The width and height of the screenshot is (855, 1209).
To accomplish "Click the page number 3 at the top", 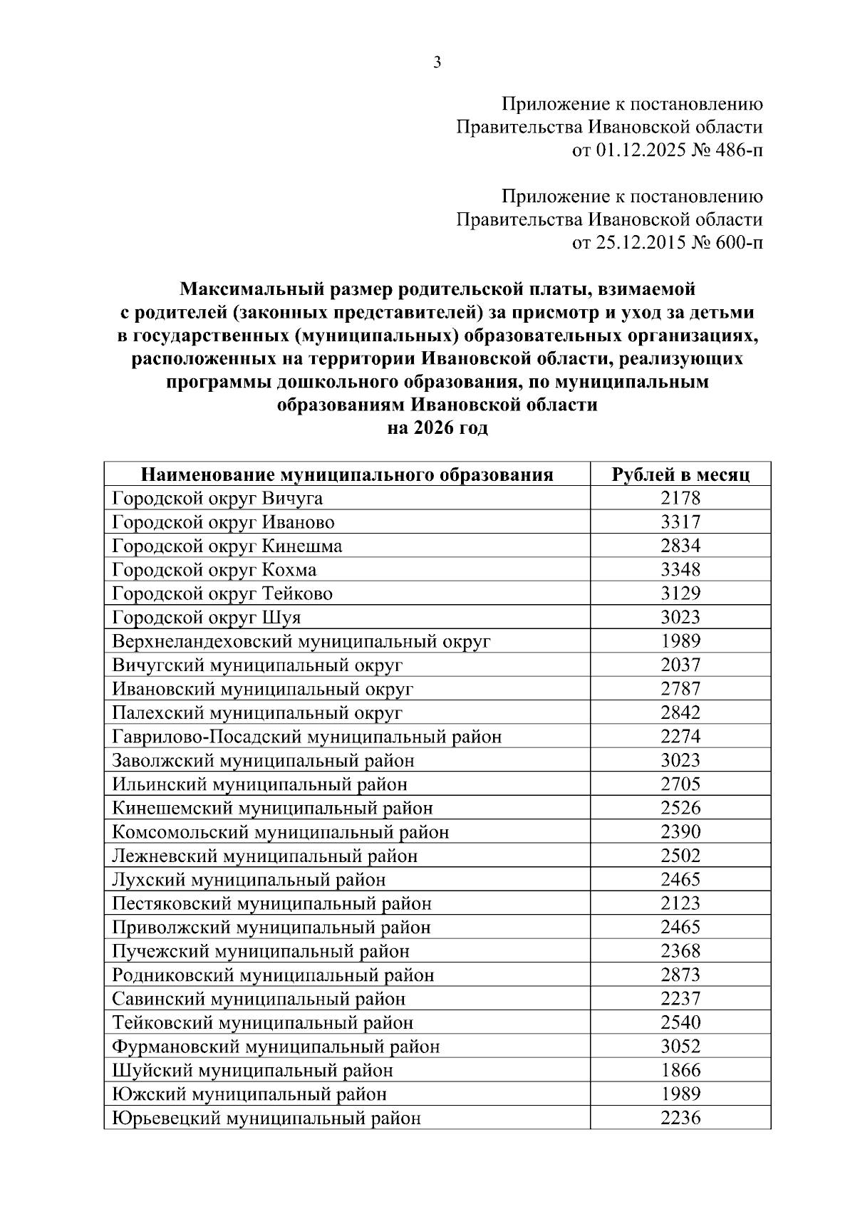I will (437, 63).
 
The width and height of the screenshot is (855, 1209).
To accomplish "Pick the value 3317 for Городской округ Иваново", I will (680, 522).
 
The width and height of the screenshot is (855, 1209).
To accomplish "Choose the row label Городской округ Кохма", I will (214, 570).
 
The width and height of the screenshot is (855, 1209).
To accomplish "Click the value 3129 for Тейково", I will (680, 593).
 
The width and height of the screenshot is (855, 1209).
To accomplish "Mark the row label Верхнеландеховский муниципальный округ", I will (301, 641).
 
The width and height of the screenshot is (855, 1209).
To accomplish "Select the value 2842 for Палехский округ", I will (680, 712).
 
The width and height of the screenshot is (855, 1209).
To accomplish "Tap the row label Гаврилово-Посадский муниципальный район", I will (307, 737).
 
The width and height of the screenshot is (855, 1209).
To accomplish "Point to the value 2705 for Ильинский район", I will (680, 784).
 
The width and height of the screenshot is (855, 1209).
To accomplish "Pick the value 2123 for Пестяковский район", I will (680, 903).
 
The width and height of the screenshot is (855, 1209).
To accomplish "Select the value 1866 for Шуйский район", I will (680, 1070).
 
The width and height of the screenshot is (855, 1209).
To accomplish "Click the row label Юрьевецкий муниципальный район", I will (266, 1118).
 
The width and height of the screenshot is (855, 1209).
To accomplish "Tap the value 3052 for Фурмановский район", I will (680, 1047).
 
